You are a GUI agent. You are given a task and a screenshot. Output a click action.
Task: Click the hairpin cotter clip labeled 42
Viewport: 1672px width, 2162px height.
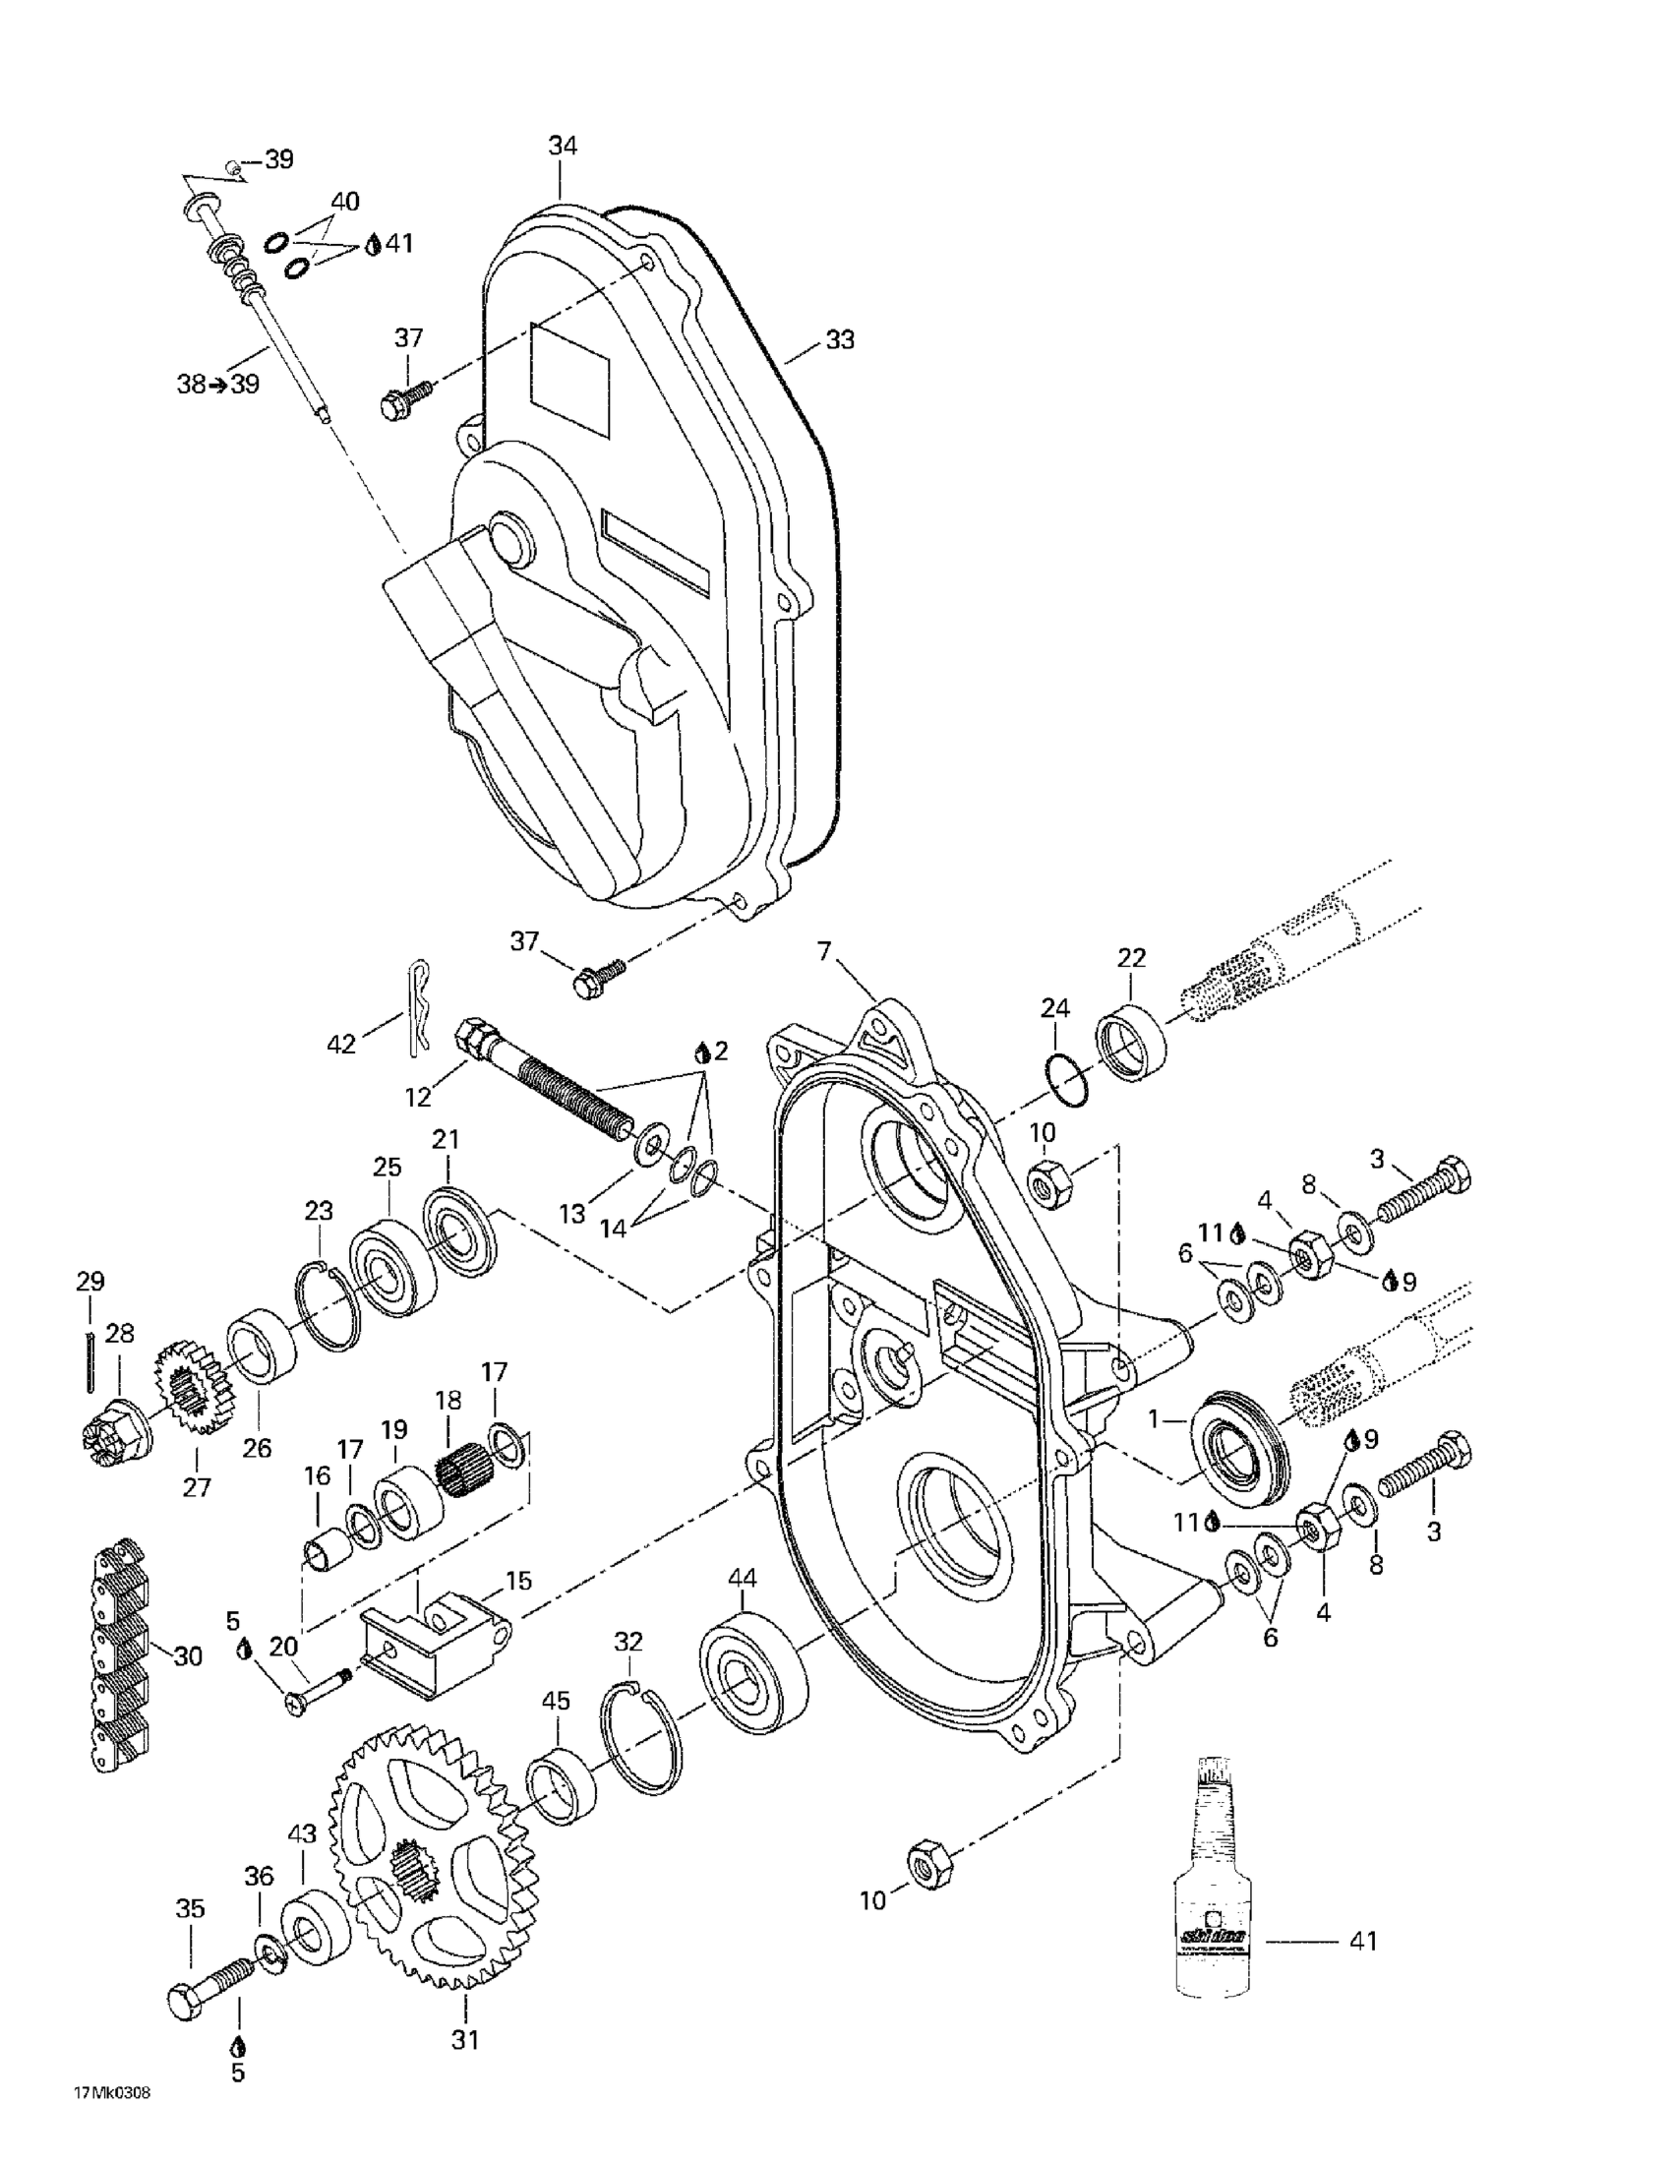click(x=420, y=1007)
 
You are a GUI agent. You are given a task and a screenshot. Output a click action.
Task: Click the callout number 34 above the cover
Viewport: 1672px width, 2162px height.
click(x=563, y=146)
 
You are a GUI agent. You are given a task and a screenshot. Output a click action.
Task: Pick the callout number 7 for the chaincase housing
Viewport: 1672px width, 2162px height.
click(x=822, y=952)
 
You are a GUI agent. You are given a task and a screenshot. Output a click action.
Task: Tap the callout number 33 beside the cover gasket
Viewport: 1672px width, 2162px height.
click(x=840, y=340)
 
